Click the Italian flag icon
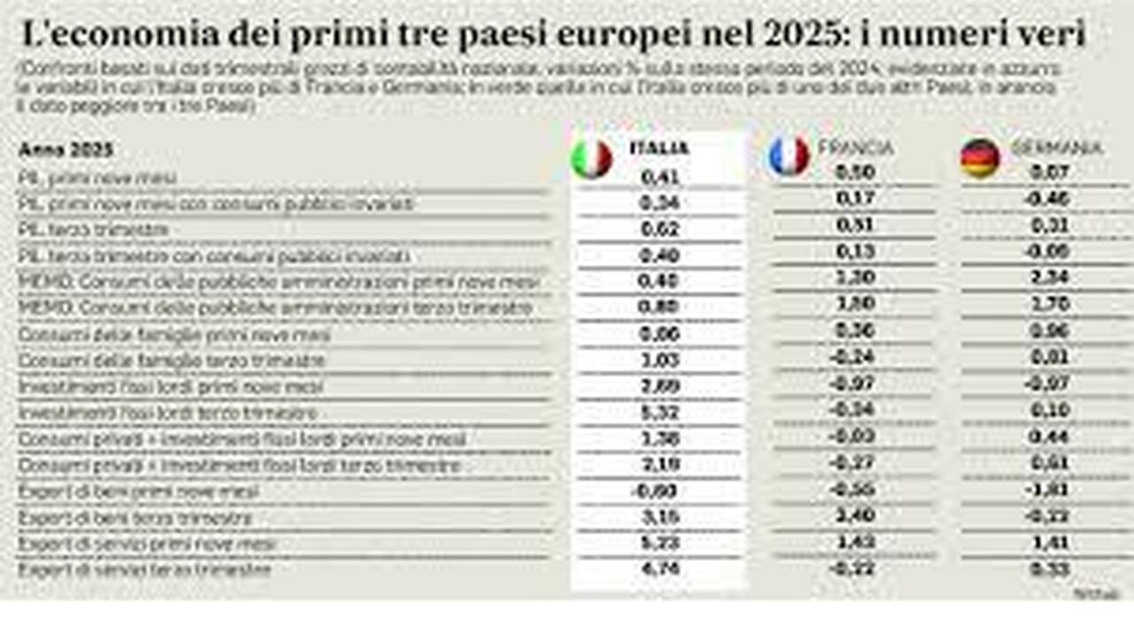pyautogui.click(x=592, y=159)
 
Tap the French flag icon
pyautogui.click(x=788, y=156)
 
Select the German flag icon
pyautogui.click(x=980, y=158)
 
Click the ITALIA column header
pyautogui.click(x=658, y=149)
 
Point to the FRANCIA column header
pyautogui.click(x=855, y=148)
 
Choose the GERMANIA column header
pyautogui.click(x=1056, y=148)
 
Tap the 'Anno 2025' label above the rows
pyautogui.click(x=66, y=150)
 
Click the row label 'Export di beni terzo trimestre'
pyautogui.click(x=136, y=518)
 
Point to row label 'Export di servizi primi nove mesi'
pyautogui.click(x=147, y=543)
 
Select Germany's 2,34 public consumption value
pyautogui.click(x=1051, y=277)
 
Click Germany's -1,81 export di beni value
pyautogui.click(x=1051, y=491)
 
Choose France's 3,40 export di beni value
pyautogui.click(x=855, y=517)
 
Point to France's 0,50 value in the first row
pyautogui.click(x=855, y=173)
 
